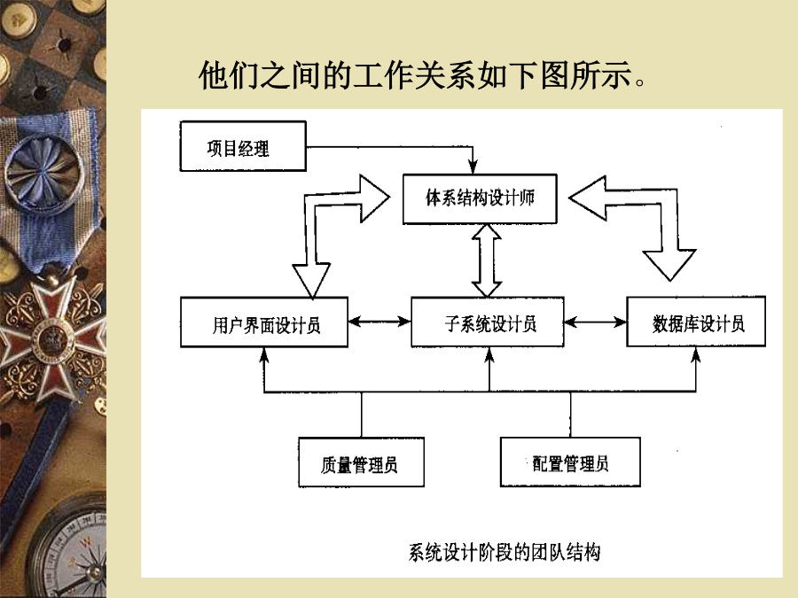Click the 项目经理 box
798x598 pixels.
243,146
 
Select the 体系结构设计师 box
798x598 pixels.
480,198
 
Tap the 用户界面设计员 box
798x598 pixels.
264,322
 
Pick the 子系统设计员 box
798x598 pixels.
488,322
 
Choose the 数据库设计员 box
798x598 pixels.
696,322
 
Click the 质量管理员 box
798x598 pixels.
362,462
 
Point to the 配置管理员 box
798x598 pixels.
570,462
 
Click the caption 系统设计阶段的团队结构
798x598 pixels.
505,552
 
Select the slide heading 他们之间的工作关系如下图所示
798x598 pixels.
422,74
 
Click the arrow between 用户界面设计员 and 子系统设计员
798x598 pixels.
379,322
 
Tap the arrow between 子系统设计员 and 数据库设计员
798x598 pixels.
596,322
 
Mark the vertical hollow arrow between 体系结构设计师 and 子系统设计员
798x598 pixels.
487,260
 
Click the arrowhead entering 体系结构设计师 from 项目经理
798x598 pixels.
473,167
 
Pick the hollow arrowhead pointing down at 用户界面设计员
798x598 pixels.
311,279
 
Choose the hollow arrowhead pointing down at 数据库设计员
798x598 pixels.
669,264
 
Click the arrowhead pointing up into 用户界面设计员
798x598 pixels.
264,355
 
